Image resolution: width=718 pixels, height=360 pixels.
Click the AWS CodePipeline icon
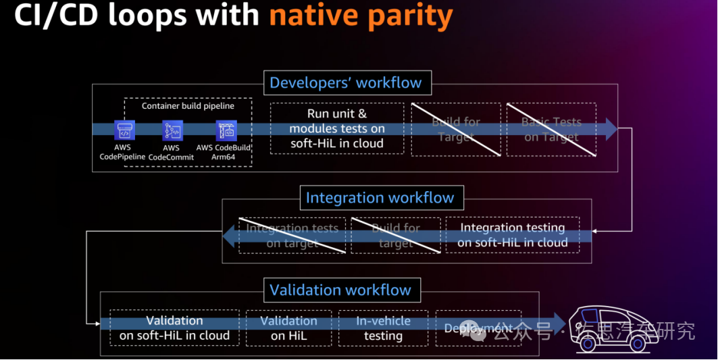[x=125, y=130]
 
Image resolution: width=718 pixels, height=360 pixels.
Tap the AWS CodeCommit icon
[x=172, y=130]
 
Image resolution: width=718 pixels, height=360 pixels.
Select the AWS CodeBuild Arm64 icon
[x=226, y=130]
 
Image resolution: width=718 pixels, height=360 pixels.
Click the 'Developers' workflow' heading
[x=345, y=83]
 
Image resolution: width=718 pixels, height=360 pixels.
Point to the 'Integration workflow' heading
[x=380, y=198]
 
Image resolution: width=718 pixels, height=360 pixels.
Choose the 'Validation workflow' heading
[x=340, y=290]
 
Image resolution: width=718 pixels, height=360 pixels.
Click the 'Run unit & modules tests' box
[x=337, y=128]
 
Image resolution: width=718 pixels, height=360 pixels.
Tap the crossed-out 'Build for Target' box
[x=456, y=129]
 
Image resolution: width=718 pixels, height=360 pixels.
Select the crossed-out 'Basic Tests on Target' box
[x=551, y=129]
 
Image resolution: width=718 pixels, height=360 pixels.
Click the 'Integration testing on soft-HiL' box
[x=512, y=235]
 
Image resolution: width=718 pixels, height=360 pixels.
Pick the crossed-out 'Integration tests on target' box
[x=292, y=235]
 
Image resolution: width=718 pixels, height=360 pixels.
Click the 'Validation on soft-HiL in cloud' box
[x=174, y=328]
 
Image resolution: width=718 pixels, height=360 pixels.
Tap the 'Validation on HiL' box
[x=288, y=328]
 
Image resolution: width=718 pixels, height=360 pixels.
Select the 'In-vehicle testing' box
[x=383, y=328]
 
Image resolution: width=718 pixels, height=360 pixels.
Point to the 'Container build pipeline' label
[x=188, y=106]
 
